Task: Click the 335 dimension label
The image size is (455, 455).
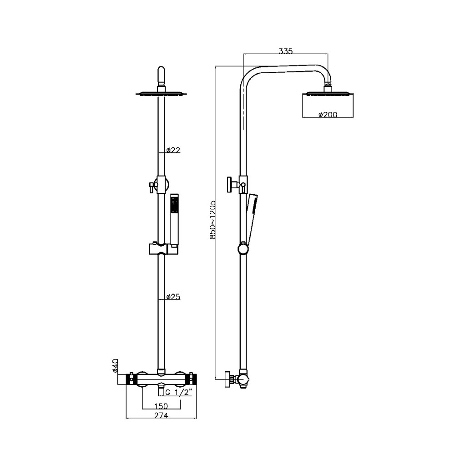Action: (286, 51)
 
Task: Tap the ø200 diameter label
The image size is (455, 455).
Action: (328, 115)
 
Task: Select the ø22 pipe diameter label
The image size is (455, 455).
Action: (173, 150)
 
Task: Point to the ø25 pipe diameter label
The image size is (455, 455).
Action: (173, 297)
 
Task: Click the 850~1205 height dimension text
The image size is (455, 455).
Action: (212, 220)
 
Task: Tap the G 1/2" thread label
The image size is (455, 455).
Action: (179, 393)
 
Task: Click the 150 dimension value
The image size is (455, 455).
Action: (161, 406)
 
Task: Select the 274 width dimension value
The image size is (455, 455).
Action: (161, 415)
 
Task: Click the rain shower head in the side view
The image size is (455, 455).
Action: (328, 93)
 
